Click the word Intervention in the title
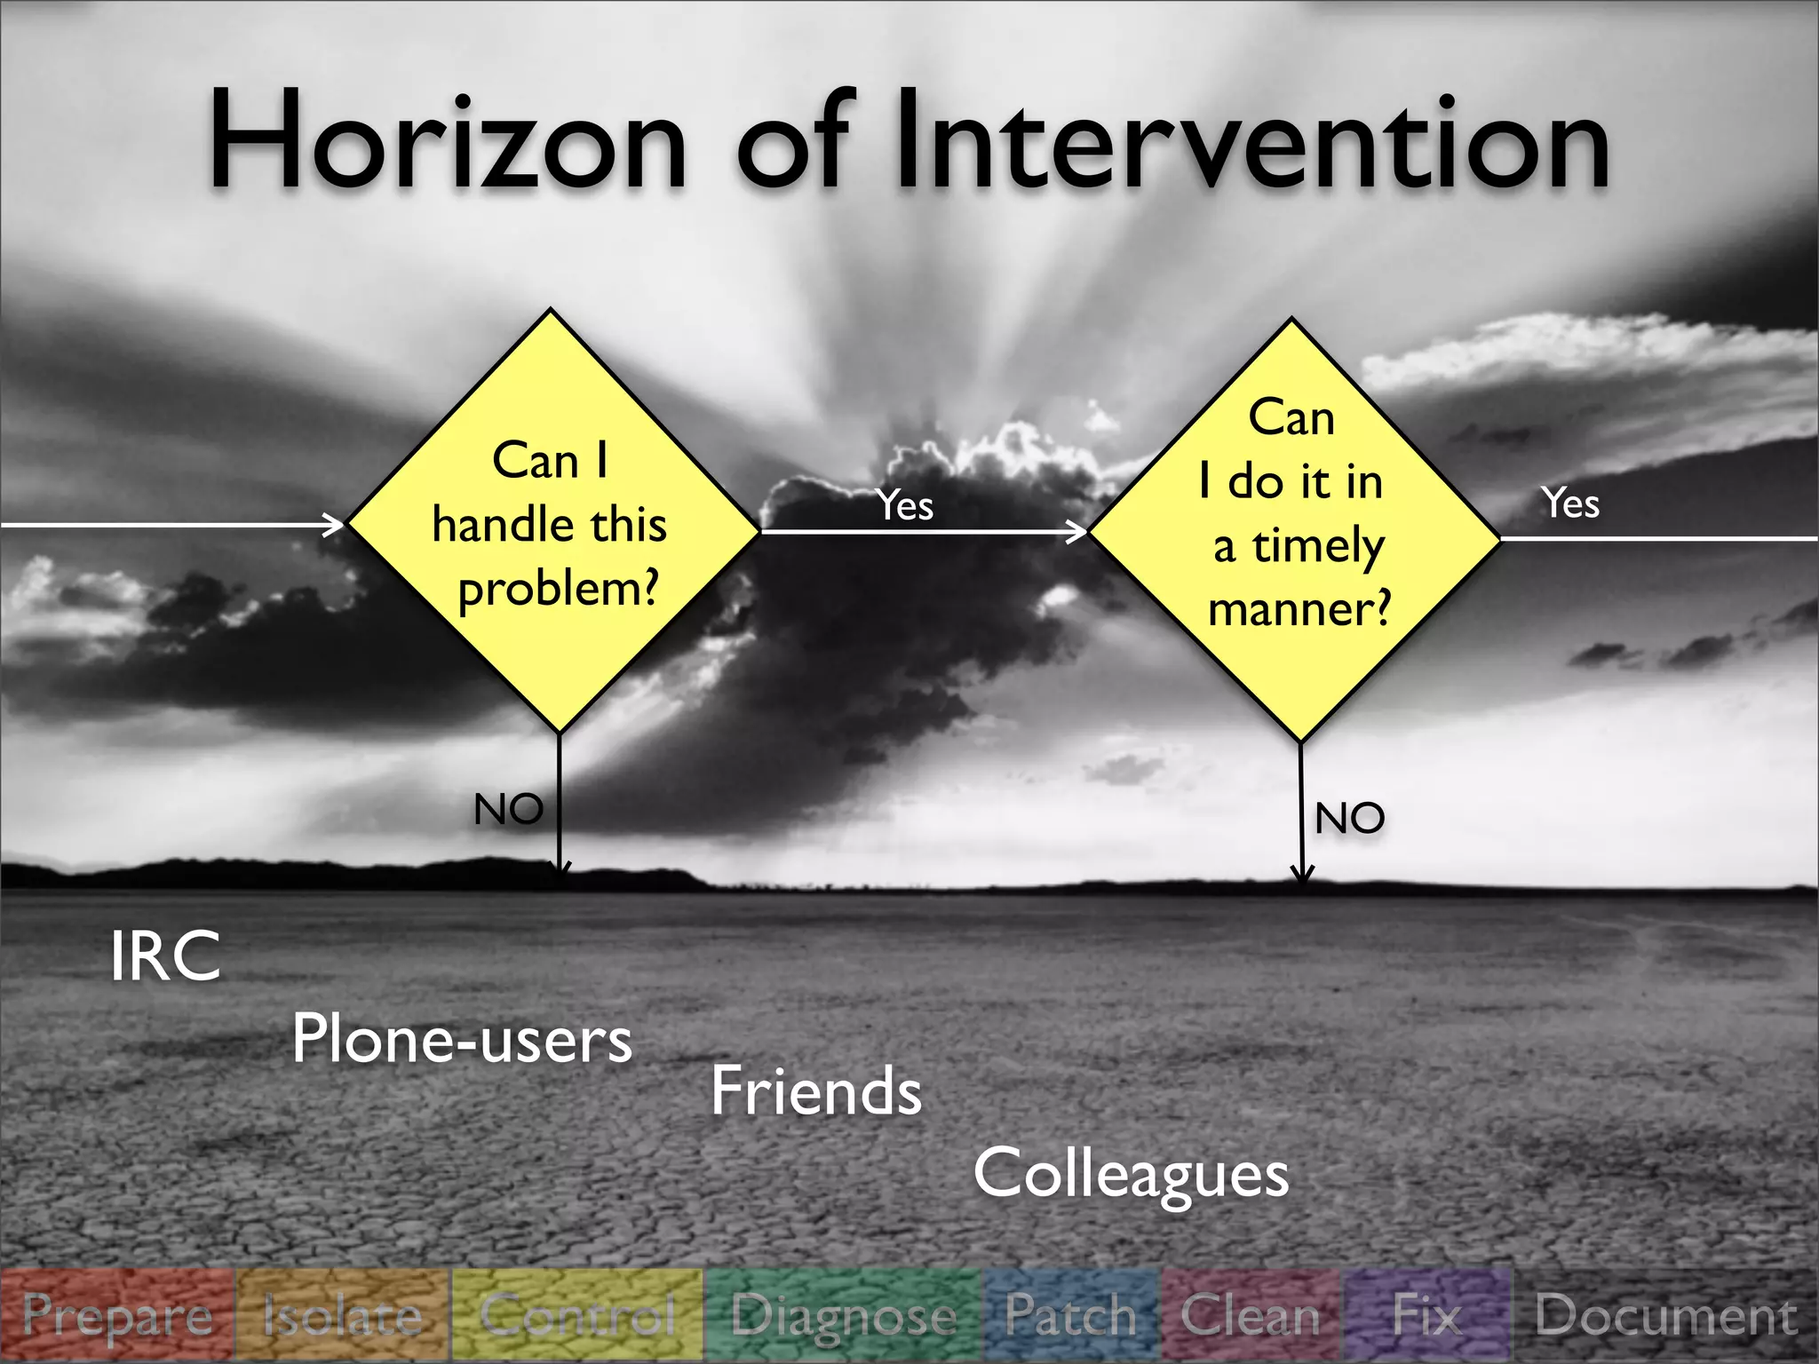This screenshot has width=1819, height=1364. [x=1252, y=142]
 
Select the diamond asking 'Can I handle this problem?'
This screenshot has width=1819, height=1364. [x=552, y=524]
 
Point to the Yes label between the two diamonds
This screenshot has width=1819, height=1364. [x=905, y=505]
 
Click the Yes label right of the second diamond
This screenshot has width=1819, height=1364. [x=1570, y=503]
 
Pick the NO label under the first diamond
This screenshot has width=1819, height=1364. [x=508, y=809]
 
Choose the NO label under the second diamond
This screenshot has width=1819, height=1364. [x=1349, y=818]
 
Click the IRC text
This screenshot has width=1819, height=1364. [x=165, y=956]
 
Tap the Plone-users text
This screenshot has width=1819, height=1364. [x=462, y=1039]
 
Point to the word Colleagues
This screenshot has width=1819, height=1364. [x=1131, y=1174]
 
